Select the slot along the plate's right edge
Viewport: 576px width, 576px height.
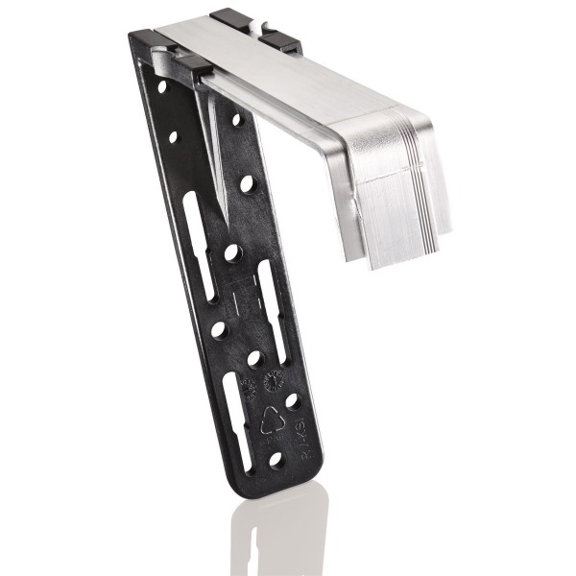pos(276,298)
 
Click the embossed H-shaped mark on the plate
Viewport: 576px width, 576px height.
pos(244,284)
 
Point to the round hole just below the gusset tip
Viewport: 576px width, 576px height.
pos(232,253)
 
